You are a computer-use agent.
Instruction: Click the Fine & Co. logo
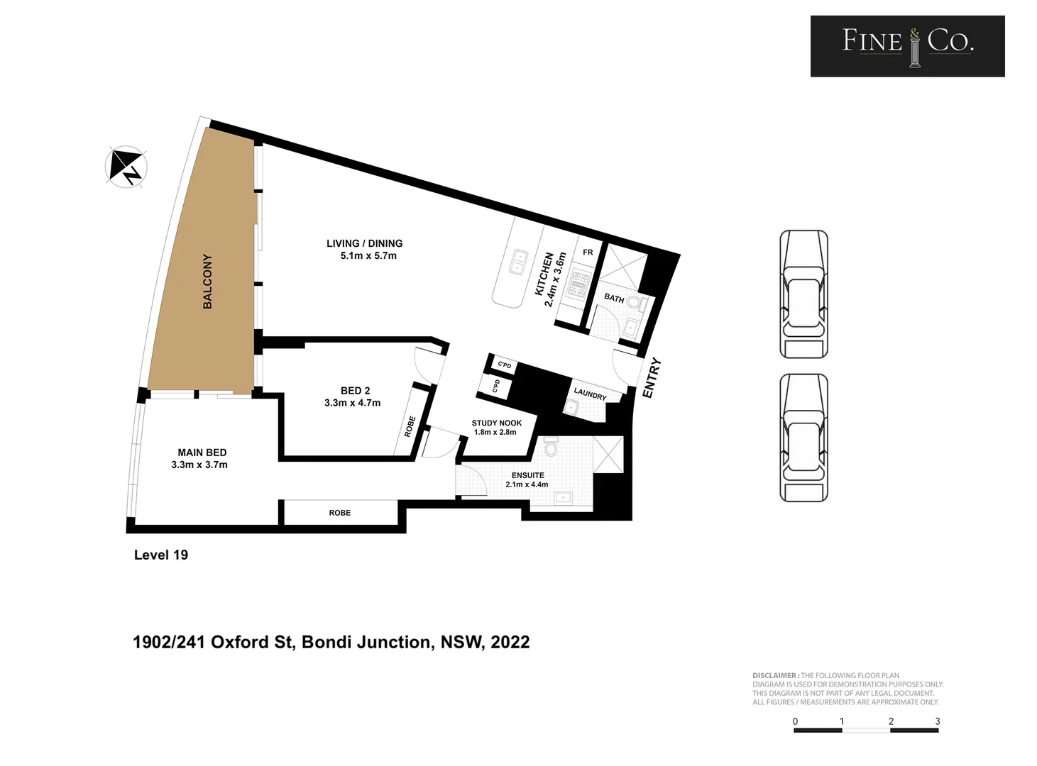pyautogui.click(x=907, y=46)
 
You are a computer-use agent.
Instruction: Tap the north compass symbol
pyautogui.click(x=126, y=167)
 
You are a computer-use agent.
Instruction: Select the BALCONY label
pyautogui.click(x=207, y=281)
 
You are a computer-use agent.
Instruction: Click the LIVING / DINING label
pyautogui.click(x=364, y=243)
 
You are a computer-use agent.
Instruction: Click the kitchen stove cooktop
pyautogui.click(x=579, y=284)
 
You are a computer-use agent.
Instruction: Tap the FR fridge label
pyautogui.click(x=588, y=252)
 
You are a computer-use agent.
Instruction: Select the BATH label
pyautogui.click(x=614, y=299)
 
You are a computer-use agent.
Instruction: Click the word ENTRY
pyautogui.click(x=652, y=377)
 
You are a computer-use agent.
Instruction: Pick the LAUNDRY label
pyautogui.click(x=590, y=394)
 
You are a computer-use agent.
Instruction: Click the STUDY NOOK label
pyautogui.click(x=496, y=423)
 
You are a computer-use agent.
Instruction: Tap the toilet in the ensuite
pyautogui.click(x=551, y=448)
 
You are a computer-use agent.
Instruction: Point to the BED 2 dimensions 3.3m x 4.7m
pyautogui.click(x=352, y=403)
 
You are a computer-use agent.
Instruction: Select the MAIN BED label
pyautogui.click(x=202, y=453)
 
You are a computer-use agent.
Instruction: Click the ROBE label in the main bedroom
pyautogui.click(x=339, y=513)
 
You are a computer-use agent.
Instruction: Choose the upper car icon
pyautogui.click(x=803, y=294)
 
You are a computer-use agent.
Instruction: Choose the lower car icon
pyautogui.click(x=803, y=438)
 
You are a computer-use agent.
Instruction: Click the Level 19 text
pyautogui.click(x=161, y=555)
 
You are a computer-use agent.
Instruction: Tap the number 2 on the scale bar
pyautogui.click(x=891, y=721)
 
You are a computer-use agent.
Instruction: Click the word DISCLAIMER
pyautogui.click(x=775, y=676)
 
